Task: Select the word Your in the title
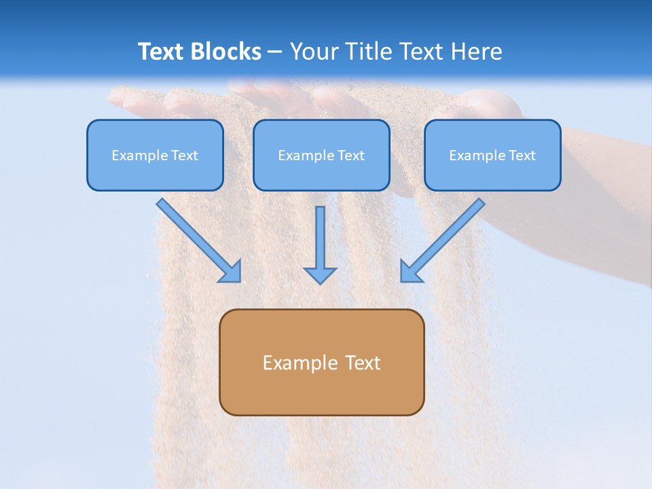(314, 52)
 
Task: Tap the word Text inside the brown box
(363, 363)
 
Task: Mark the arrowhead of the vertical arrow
(320, 274)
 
